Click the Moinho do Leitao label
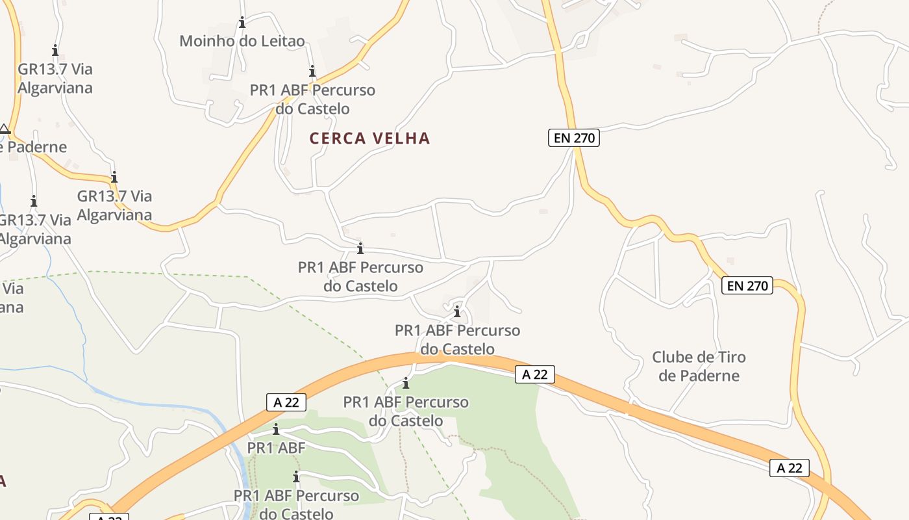coord(242,42)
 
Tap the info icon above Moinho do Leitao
coord(242,23)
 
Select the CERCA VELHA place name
coord(369,138)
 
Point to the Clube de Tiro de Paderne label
coord(699,366)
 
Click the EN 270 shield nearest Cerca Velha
coord(573,138)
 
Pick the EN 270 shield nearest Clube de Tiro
coord(747,285)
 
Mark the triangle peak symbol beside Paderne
coord(5,129)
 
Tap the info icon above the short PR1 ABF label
coord(276,429)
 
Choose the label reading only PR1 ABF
coord(276,448)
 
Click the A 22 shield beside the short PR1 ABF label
coord(286,402)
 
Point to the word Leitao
coord(282,42)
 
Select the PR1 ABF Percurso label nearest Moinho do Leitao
coord(312,99)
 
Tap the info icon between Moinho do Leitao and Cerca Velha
coord(312,71)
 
